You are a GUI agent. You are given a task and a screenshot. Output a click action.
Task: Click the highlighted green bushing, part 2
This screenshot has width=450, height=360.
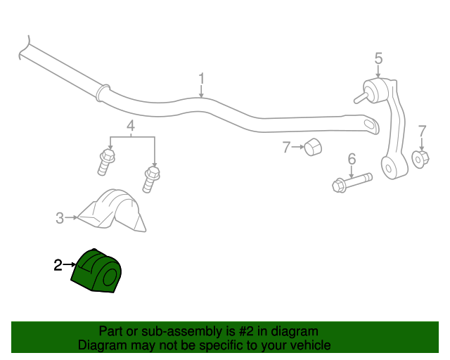(96, 271)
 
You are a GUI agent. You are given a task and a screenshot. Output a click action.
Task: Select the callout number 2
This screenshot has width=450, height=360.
(58, 265)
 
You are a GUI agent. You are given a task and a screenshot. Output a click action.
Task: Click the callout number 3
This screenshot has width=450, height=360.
(60, 218)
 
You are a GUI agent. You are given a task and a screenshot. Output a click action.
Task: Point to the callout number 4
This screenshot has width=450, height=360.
(131, 126)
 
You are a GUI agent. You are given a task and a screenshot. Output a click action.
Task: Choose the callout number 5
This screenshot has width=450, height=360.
(378, 58)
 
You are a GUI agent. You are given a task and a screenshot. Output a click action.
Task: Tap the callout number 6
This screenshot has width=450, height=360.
(352, 159)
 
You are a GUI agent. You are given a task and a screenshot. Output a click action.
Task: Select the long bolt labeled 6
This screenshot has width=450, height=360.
(352, 183)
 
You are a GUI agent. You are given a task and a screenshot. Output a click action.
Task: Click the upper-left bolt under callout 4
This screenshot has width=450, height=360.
(106, 162)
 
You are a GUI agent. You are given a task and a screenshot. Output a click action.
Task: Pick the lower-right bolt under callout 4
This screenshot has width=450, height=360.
(151, 180)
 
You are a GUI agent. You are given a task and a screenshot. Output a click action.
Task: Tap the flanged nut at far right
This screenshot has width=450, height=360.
(420, 159)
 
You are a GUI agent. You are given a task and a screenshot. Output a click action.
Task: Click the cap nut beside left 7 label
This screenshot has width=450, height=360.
(313, 147)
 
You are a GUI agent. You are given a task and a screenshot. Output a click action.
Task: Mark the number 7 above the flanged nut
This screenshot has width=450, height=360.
(422, 131)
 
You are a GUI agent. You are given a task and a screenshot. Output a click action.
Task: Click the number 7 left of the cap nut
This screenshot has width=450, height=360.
(287, 147)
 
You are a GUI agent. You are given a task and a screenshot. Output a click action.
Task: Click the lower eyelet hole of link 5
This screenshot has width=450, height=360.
(389, 168)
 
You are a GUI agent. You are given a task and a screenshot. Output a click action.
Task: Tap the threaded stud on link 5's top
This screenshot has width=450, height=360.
(361, 97)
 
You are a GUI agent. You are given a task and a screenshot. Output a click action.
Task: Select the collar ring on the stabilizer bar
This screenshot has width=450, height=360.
(103, 92)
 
